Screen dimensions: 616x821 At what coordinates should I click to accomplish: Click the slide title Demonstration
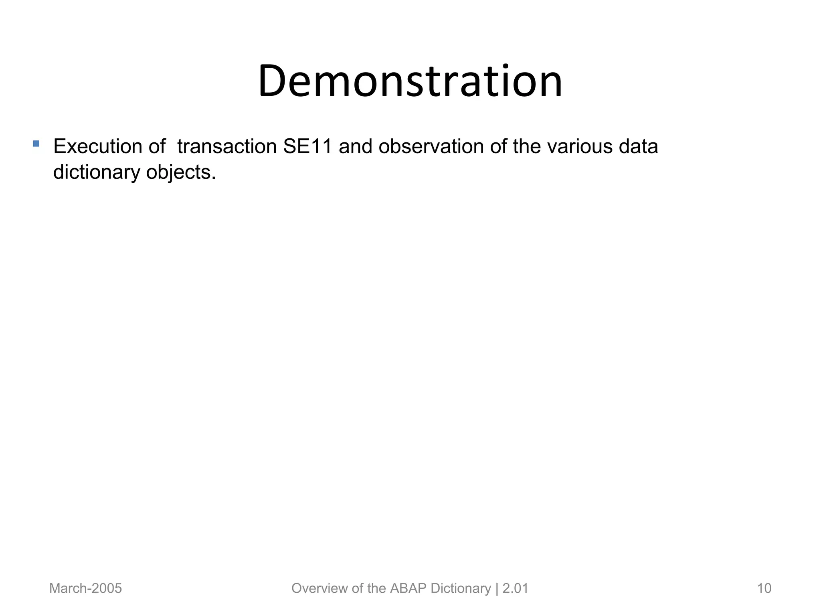click(x=410, y=81)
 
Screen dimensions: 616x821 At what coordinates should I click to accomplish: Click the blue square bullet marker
click(x=36, y=144)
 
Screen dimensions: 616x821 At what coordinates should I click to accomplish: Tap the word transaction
click(x=227, y=146)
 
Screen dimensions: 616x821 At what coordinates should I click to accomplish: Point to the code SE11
click(x=307, y=146)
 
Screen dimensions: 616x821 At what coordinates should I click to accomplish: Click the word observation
click(x=431, y=146)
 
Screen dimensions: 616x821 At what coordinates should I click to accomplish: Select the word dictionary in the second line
click(x=97, y=172)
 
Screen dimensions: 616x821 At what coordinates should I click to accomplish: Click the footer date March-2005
click(x=85, y=588)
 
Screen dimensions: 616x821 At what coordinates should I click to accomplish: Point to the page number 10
click(x=764, y=588)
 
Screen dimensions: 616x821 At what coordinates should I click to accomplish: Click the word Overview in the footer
click(x=320, y=588)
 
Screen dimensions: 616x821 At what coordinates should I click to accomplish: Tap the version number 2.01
click(x=515, y=588)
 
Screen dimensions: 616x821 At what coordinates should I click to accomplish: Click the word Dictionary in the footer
click(x=461, y=588)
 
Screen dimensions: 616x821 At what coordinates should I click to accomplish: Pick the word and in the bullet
click(x=356, y=146)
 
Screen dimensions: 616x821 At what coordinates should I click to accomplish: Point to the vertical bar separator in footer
click(x=497, y=588)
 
